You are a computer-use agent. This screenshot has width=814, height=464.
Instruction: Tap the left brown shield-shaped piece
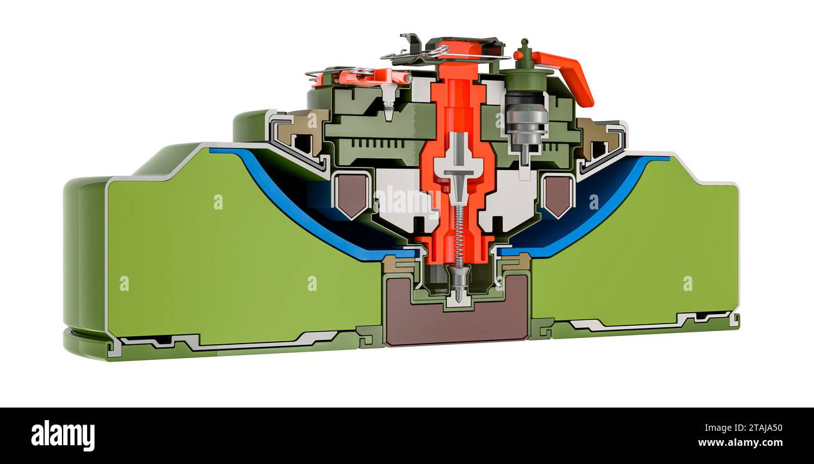click(352, 194)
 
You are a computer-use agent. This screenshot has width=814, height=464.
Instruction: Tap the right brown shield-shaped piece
click(557, 194)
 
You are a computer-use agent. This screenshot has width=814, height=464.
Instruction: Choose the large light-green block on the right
click(632, 251)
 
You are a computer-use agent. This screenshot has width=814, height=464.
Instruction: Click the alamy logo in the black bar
click(63, 436)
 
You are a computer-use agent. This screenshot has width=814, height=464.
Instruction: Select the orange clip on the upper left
click(373, 77)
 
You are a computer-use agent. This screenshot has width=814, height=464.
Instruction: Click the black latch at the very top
click(411, 43)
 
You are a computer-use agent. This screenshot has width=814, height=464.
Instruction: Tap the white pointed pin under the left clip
click(389, 100)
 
